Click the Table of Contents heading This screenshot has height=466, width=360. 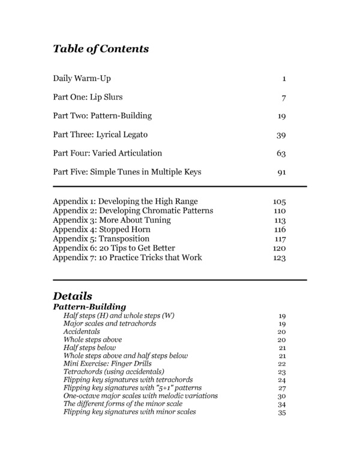click(x=101, y=49)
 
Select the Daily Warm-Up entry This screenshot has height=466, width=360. click(x=82, y=79)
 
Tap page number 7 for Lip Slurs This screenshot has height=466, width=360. click(x=284, y=97)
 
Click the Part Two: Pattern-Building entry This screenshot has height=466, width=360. click(x=102, y=116)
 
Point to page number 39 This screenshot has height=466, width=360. click(x=281, y=135)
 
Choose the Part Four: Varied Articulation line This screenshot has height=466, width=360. click(x=107, y=153)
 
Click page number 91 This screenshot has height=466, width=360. click(x=281, y=172)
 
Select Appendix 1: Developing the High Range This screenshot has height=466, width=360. click(x=125, y=201)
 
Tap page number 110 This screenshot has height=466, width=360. click(x=279, y=211)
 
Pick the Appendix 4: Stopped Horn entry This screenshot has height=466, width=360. click(x=101, y=229)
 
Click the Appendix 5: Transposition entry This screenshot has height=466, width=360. click(x=101, y=239)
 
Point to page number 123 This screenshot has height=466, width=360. click(x=279, y=258)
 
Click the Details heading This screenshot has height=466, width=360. click(x=73, y=296)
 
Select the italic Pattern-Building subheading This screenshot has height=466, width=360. click(x=89, y=307)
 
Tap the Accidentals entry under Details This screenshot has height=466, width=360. click(x=82, y=331)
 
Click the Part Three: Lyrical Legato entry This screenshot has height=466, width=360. click(x=100, y=135)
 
